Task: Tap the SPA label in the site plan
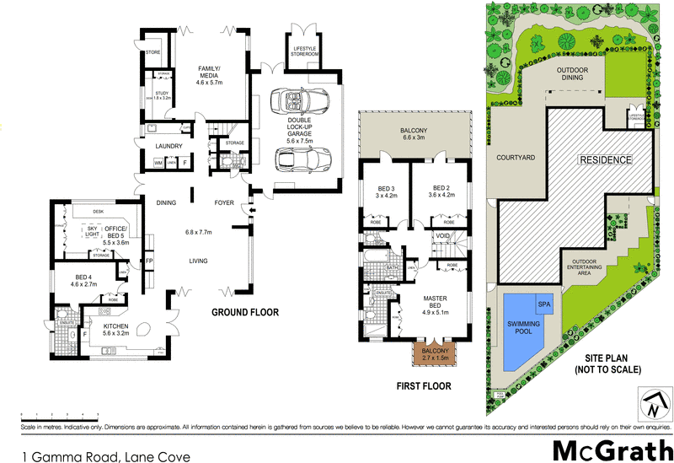click(543, 304)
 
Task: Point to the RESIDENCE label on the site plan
click(604, 159)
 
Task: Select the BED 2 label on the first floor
click(443, 191)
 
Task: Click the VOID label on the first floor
click(443, 235)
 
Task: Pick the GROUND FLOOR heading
click(243, 313)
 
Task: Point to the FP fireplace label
click(149, 262)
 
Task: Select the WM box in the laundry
click(158, 163)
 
